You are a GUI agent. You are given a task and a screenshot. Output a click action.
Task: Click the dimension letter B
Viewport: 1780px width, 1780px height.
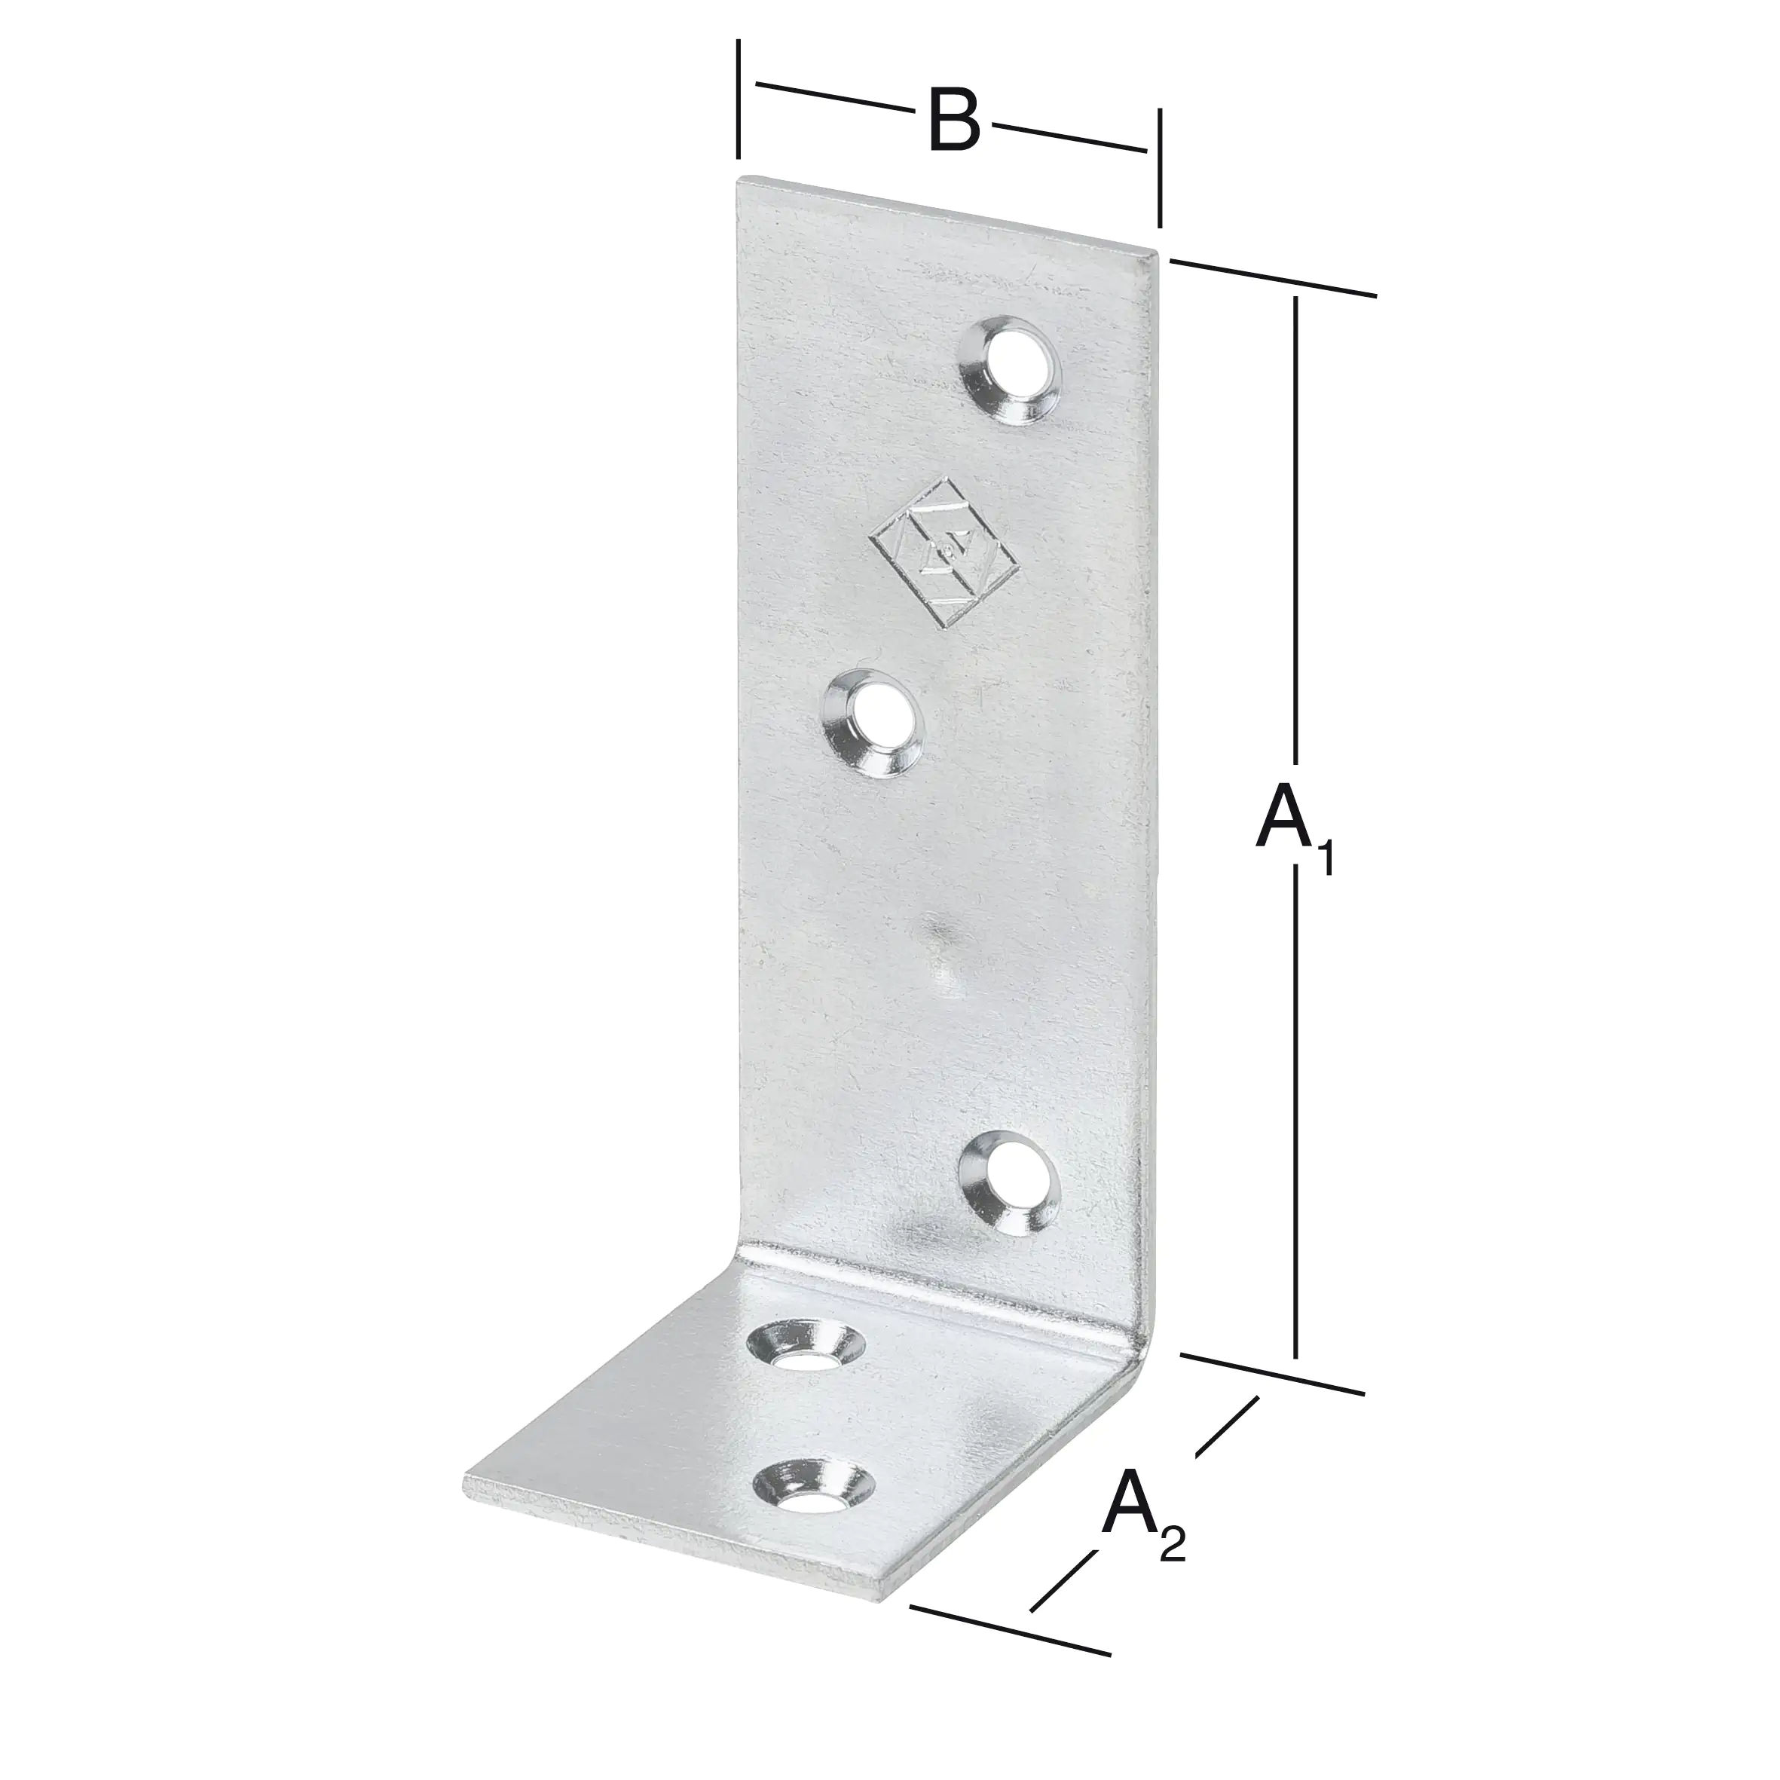pyautogui.click(x=953, y=120)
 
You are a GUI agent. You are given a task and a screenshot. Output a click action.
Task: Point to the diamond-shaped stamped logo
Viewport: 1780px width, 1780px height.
pyautogui.click(x=945, y=551)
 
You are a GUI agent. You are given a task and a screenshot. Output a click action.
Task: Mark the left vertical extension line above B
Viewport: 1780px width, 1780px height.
pyautogui.click(x=739, y=99)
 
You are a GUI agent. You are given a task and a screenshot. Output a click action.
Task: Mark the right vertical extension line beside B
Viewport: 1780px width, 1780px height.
pyautogui.click(x=1159, y=166)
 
